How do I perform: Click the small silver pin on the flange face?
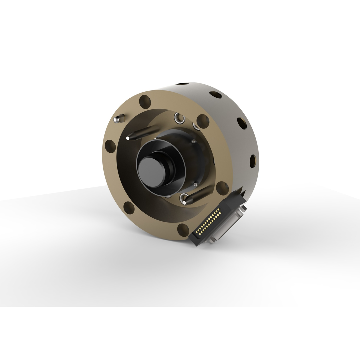[x=119, y=118]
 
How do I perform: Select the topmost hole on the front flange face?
[x=145, y=102]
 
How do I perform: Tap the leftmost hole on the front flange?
[x=110, y=146]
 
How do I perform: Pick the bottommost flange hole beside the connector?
[x=183, y=230]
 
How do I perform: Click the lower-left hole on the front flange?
[x=129, y=208]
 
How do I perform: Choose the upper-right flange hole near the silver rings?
[x=203, y=121]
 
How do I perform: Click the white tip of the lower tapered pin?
[x=184, y=202]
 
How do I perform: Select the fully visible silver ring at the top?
[x=179, y=118]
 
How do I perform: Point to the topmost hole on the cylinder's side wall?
[x=183, y=84]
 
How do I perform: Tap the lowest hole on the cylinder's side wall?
[x=253, y=161]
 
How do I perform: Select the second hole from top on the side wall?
[x=216, y=95]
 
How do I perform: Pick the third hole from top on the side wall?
[x=242, y=123]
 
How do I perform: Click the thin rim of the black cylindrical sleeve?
[x=184, y=167]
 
